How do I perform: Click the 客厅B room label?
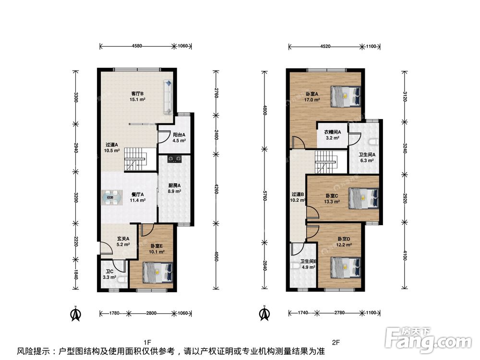tap(137, 94)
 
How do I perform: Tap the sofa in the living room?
tap(168, 97)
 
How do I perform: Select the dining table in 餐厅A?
tap(112, 197)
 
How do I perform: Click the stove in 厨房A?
tap(174, 158)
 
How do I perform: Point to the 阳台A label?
tap(179, 135)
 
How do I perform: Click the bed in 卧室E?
tap(158, 273)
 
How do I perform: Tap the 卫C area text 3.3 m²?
tap(109, 277)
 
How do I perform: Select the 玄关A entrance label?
tap(123, 239)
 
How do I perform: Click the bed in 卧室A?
tap(345, 96)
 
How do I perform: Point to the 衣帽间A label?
tap(333, 132)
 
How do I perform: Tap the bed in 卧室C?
tap(363, 198)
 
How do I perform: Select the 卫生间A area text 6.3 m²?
tap(367, 160)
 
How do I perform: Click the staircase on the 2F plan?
tap(326, 162)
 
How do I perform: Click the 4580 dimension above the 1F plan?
tap(137, 46)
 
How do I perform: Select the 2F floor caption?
tap(336, 342)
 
